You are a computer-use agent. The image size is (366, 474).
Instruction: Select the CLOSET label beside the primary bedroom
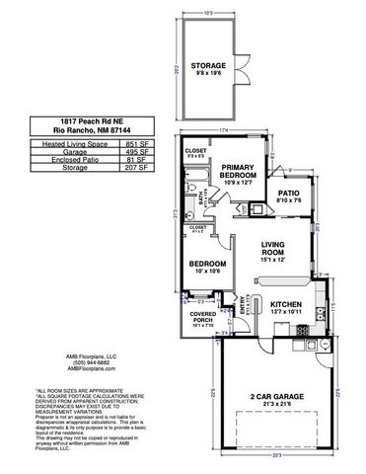196,151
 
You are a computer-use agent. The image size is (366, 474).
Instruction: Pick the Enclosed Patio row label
69,160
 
